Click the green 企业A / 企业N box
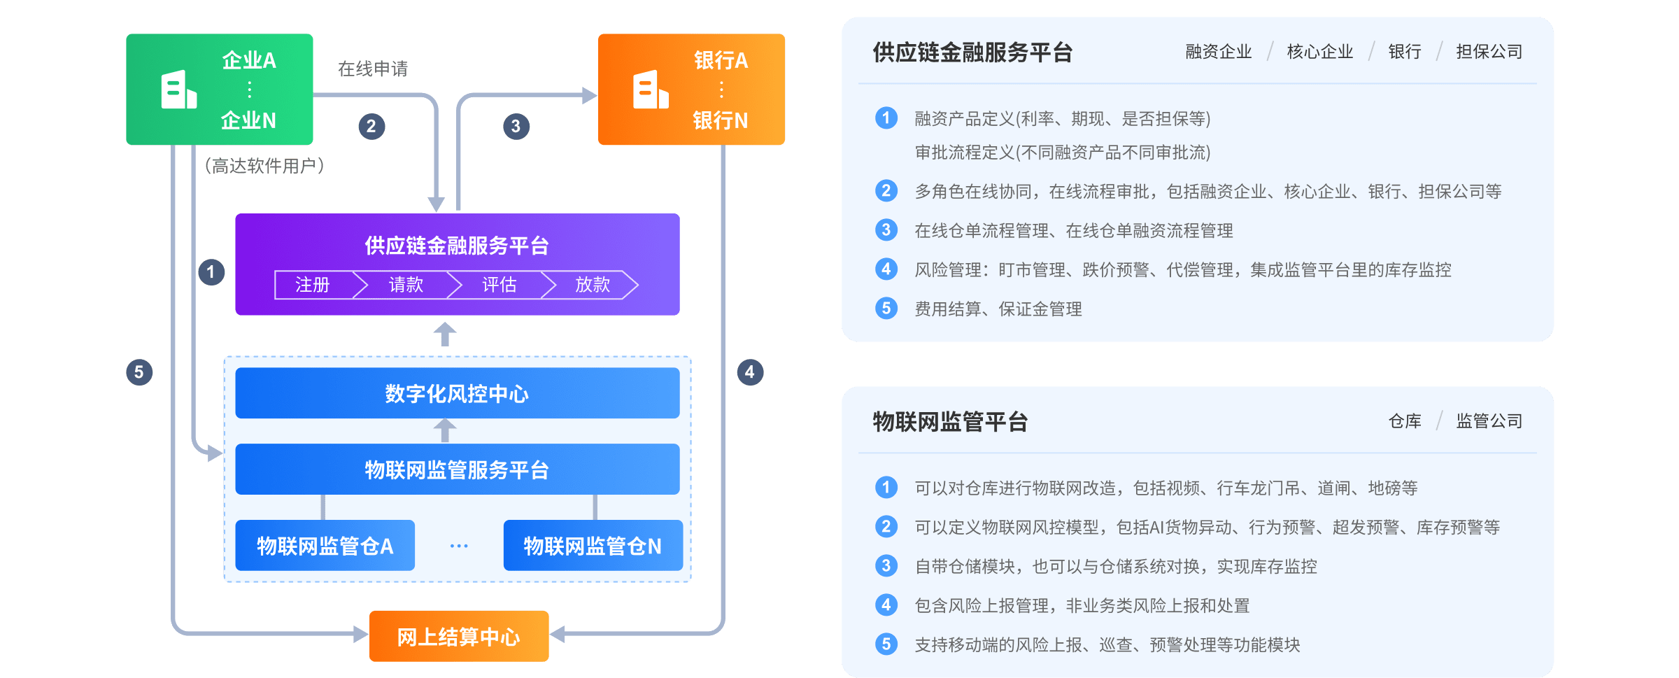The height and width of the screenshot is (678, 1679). pos(219,90)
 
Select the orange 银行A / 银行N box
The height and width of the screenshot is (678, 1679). pos(691,90)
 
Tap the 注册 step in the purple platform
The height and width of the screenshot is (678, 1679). pos(313,285)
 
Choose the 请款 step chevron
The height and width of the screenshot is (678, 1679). pos(406,285)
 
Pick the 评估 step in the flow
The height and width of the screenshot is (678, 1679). pos(500,285)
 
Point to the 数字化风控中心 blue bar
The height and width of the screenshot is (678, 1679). pos(457,393)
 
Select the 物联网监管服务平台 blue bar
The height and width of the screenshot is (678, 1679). pos(457,469)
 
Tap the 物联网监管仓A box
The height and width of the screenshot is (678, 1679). pos(325,546)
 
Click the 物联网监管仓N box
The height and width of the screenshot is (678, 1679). pos(593,546)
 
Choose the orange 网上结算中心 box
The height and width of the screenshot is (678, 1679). pos(459,636)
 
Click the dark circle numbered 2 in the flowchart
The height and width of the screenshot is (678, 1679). pos(371,127)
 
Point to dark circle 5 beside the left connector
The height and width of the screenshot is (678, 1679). pos(139,372)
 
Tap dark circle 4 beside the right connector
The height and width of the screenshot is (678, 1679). pos(749,372)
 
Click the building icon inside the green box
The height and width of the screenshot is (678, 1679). pos(178,90)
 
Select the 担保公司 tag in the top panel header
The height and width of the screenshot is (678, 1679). pos(1489,52)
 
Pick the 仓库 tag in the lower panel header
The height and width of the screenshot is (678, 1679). pos(1405,421)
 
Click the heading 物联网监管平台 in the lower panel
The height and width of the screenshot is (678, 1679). pos(950,422)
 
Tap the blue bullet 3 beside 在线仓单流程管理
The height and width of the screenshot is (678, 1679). pos(886,230)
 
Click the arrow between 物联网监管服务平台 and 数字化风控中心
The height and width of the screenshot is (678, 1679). pos(445,430)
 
